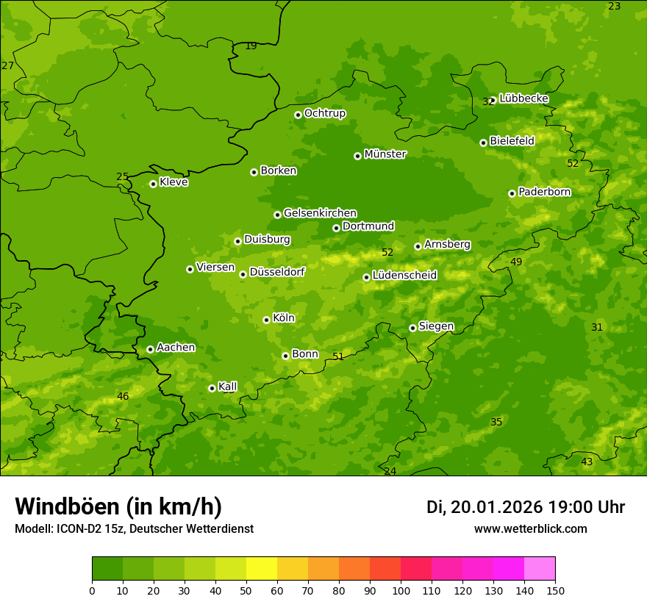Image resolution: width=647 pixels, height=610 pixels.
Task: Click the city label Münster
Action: coord(385,154)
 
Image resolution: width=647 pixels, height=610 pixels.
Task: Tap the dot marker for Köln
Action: coord(266,320)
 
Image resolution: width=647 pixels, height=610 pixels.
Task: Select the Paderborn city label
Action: coord(544,192)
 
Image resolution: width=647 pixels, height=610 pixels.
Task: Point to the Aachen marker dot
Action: coord(150,349)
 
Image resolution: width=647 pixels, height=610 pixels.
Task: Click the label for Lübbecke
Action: coord(523,98)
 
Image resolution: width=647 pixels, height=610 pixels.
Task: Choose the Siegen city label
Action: coord(436,326)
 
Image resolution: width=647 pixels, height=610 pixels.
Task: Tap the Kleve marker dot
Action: coord(153,184)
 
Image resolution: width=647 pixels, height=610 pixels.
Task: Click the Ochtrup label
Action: coord(324,113)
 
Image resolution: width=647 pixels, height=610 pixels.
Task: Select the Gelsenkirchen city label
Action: coord(320,213)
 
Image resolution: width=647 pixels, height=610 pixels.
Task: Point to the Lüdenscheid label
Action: coord(404,276)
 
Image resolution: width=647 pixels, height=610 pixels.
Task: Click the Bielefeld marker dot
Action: coord(483,143)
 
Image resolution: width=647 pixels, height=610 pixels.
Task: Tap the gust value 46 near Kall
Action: coord(123,397)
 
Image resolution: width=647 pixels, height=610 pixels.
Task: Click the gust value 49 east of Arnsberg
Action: coord(516,262)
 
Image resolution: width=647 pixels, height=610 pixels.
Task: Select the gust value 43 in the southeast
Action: coord(587,462)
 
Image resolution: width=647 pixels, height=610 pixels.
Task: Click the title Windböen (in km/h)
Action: coord(118,507)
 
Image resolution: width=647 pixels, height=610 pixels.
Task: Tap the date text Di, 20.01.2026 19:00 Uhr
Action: coord(526,507)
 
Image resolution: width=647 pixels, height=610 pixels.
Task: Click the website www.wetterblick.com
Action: coord(530,529)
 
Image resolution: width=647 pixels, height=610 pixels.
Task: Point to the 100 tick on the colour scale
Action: coord(401,590)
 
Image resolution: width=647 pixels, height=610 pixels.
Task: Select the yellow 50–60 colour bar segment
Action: coord(262,568)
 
